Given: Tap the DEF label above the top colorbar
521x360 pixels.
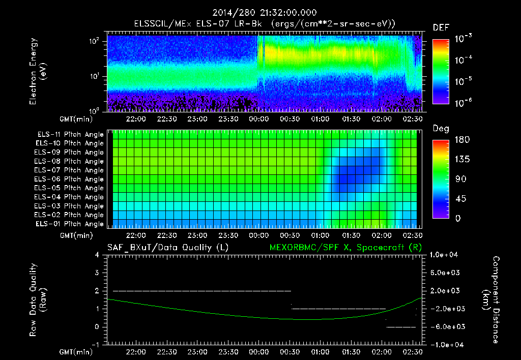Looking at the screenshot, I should coord(441,28).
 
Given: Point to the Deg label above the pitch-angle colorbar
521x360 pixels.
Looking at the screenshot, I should coord(441,129).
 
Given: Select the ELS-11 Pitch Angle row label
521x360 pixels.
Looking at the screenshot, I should coord(70,135).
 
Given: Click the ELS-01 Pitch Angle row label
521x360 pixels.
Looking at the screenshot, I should coord(70,224).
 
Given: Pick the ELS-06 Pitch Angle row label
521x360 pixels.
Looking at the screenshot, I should coord(70,179).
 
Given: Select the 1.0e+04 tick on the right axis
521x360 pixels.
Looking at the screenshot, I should coord(446,255).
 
